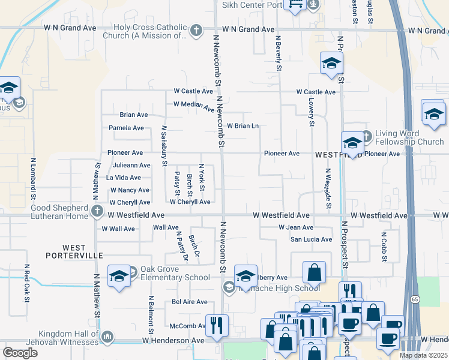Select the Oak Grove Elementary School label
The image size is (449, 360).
175,274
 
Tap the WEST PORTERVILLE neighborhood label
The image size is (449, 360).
74,251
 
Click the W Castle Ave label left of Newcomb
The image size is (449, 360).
193,91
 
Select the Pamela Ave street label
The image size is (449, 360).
126,128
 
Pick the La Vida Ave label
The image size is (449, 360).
124,178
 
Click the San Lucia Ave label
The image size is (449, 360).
311,239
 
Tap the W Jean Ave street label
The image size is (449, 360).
296,227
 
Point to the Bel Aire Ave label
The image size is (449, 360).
190,302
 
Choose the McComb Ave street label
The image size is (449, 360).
188,326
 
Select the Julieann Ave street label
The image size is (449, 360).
131,165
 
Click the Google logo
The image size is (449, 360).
20,353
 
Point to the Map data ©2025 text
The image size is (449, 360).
423,355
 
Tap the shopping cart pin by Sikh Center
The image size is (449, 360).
295,5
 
